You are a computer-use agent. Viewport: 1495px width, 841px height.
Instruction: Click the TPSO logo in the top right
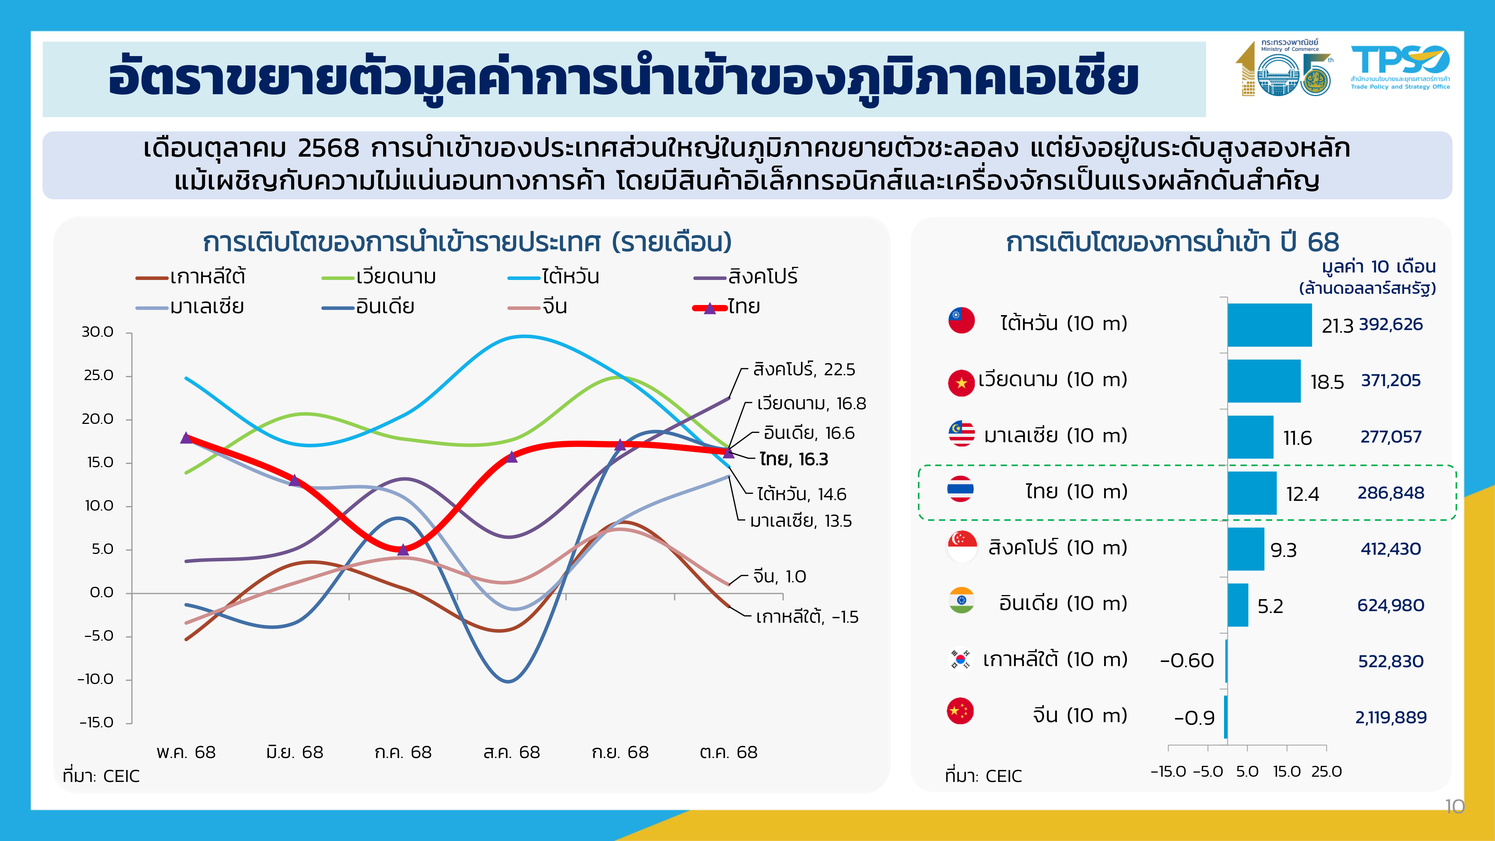1399,67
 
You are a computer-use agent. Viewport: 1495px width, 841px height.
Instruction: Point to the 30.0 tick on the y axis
98,332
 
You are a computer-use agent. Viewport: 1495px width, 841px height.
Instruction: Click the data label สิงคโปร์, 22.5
804,370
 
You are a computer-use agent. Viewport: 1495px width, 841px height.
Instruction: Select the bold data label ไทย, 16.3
793,460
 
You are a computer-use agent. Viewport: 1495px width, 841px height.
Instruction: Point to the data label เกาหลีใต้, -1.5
807,617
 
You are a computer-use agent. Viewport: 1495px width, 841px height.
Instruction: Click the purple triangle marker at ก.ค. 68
403,549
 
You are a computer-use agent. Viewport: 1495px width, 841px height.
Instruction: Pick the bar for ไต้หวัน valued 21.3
1269,325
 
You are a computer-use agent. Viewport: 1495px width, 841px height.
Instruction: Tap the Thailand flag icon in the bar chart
961,489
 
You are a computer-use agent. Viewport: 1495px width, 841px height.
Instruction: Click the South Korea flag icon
961,659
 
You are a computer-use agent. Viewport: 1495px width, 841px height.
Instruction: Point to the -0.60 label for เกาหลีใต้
1186,660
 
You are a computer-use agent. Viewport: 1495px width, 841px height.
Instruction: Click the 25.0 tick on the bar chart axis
1326,771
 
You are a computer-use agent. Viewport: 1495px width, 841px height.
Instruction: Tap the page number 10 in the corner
1454,806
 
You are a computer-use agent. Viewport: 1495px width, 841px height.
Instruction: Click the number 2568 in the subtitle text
329,149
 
